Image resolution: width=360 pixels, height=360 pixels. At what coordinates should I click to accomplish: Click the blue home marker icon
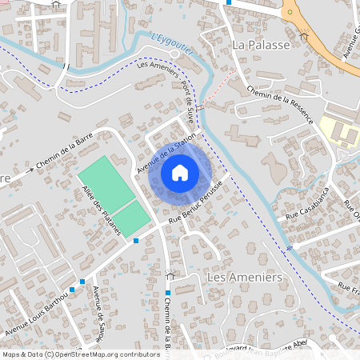point(180,172)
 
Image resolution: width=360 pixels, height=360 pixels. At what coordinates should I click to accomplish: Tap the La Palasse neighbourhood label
point(260,46)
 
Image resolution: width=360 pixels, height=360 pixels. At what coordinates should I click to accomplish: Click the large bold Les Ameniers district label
point(245,277)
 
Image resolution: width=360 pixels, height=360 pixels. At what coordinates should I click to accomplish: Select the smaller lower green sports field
point(131,218)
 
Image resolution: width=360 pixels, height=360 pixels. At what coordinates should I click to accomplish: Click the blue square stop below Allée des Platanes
point(137,240)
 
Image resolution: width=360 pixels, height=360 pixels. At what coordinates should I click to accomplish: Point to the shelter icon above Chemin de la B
point(169,275)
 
